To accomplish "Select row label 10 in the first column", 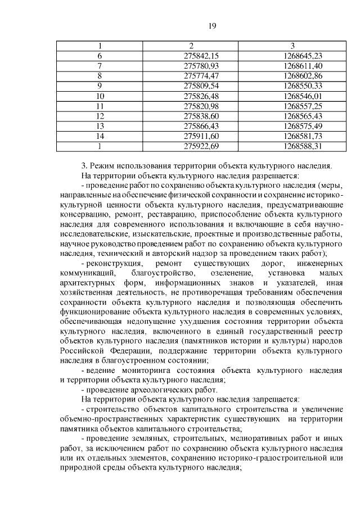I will (100, 96).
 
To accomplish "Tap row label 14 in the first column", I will (100, 136).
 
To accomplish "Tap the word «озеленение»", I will (214, 273).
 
